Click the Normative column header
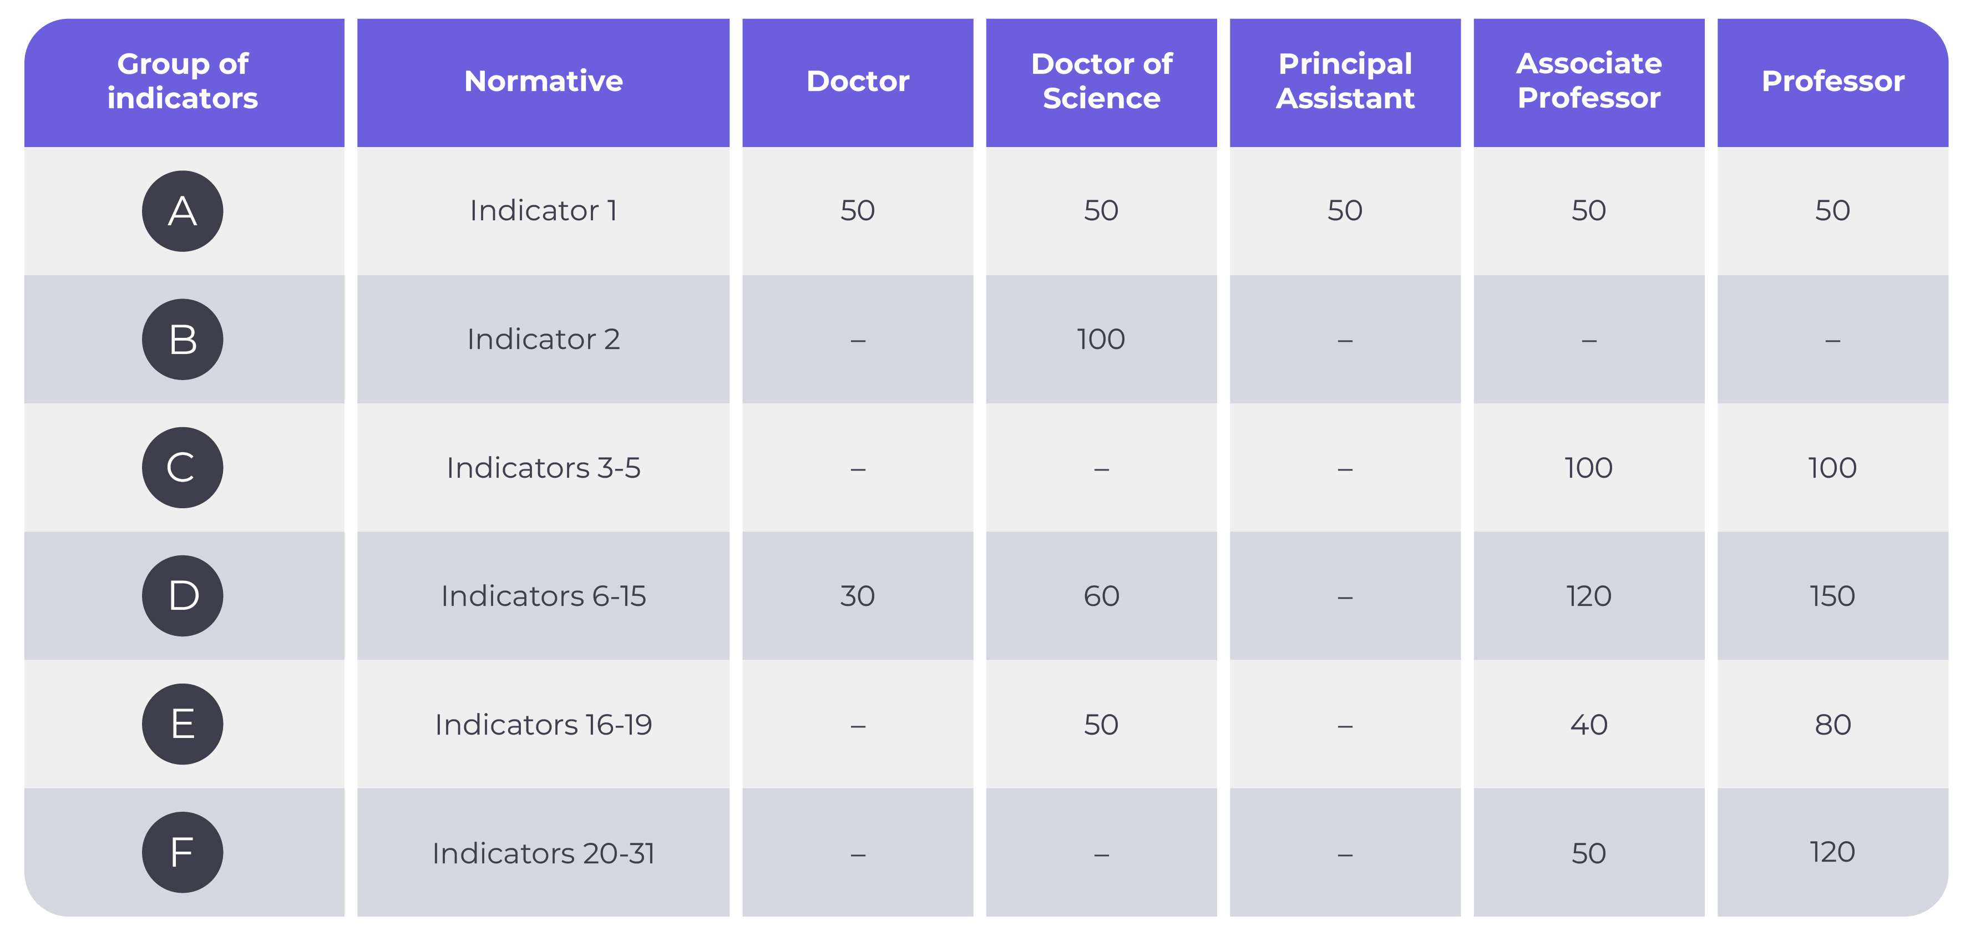tap(543, 81)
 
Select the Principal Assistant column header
tap(1345, 81)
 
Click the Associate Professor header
tap(1588, 81)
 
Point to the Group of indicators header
tap(183, 81)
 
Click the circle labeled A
tap(183, 211)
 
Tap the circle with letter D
tap(183, 596)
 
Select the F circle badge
tap(183, 852)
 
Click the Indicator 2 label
tap(543, 339)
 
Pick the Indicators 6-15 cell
tap(543, 596)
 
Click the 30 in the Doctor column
tap(858, 596)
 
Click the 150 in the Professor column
tap(1832, 596)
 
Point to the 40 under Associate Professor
tap(1588, 724)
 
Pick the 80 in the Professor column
tap(1832, 724)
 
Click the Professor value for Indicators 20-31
tap(1832, 852)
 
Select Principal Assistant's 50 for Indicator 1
tap(1345, 211)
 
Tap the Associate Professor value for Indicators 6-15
tap(1588, 596)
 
